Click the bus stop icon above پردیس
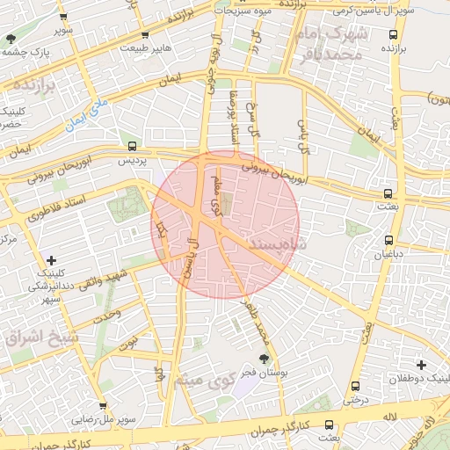[132, 147]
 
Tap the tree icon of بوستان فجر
[264, 358]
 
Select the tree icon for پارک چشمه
[11, 39]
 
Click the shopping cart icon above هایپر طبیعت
[145, 36]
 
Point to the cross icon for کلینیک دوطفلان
[421, 365]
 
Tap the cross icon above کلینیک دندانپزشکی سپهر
[51, 260]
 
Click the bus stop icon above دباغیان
[388, 240]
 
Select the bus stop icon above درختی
[355, 386]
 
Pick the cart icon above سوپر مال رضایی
[103, 406]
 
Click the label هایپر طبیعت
[151, 49]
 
